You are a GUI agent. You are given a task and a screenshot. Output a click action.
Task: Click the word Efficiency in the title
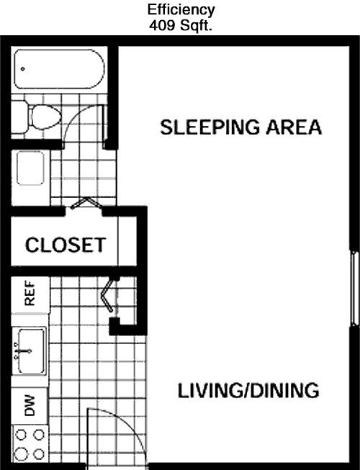(x=181, y=11)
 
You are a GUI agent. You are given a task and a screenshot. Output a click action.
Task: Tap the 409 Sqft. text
(x=181, y=25)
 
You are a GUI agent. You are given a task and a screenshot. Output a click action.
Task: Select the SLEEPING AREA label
(x=241, y=127)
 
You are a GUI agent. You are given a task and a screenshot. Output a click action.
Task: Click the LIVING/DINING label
(x=248, y=390)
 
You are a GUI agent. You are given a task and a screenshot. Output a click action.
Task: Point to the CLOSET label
(x=66, y=245)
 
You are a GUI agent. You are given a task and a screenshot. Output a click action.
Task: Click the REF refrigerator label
(x=30, y=293)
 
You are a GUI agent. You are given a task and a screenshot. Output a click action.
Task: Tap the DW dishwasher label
(x=30, y=406)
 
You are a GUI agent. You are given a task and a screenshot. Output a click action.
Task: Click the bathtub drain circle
(x=23, y=69)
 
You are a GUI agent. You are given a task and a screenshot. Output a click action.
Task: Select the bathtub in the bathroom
(x=59, y=69)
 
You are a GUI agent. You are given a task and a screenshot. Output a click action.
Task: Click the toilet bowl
(x=45, y=117)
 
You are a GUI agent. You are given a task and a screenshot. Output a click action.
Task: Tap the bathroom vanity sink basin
(x=30, y=168)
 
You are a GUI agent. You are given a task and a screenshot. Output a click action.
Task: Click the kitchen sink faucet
(x=22, y=351)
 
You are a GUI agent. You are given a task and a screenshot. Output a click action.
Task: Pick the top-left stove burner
(x=21, y=434)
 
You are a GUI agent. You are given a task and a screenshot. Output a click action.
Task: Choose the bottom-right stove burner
(x=39, y=454)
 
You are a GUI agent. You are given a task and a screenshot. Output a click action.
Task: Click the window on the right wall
(x=355, y=288)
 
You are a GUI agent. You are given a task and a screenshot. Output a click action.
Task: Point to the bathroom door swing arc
(x=75, y=115)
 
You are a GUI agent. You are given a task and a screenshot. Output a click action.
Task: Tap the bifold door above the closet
(x=86, y=202)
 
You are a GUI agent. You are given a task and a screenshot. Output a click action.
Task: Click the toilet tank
(x=19, y=117)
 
